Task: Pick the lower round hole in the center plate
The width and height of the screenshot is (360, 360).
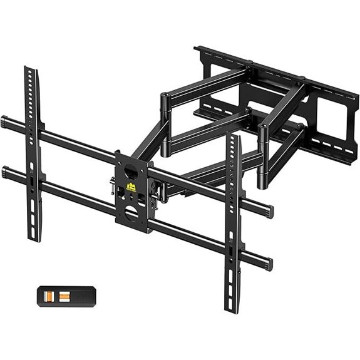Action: [x=131, y=213]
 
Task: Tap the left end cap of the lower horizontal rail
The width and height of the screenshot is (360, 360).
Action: [x=4, y=170]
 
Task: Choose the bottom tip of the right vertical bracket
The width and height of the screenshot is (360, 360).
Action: [x=232, y=309]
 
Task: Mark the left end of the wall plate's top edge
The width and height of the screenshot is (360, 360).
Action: [x=197, y=48]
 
